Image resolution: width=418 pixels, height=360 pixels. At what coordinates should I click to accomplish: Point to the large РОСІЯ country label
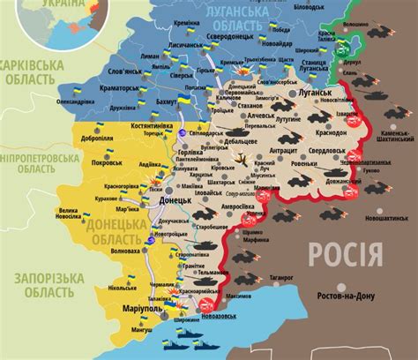pyautogui.click(x=345, y=255)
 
